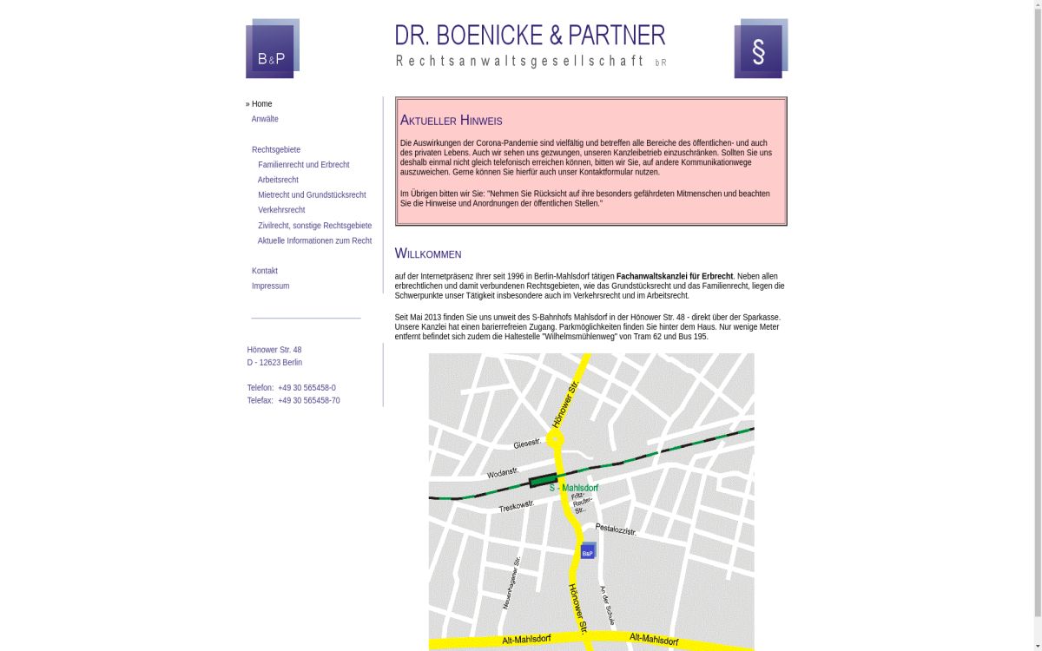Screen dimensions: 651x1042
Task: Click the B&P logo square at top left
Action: tap(272, 49)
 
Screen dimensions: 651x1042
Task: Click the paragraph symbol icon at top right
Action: tap(760, 49)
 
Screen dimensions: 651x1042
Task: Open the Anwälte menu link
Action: tap(265, 119)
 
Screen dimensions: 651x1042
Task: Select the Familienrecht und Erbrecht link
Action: tap(303, 165)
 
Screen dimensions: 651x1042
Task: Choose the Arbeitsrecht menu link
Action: tap(278, 180)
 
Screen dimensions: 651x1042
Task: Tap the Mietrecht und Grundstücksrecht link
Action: tap(312, 195)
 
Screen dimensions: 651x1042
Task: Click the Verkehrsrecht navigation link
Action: tap(281, 210)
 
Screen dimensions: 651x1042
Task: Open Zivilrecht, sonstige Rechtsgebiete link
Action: tap(314, 226)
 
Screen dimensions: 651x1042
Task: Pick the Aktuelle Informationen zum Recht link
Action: tap(314, 240)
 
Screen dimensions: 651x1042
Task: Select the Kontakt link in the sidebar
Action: tap(265, 271)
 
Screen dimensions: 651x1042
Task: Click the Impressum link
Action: tap(270, 286)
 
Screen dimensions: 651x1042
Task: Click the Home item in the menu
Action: tap(261, 104)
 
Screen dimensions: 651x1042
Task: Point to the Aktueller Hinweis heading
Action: tap(451, 121)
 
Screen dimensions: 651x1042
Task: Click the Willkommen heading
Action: tap(428, 253)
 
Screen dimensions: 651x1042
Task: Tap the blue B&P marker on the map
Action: tap(588, 551)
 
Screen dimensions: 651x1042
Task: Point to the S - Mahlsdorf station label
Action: tap(574, 488)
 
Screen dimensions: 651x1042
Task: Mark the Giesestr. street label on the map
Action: tap(527, 444)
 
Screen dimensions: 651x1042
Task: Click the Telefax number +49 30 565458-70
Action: tap(309, 401)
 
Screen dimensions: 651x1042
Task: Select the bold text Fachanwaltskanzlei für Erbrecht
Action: tap(675, 276)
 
